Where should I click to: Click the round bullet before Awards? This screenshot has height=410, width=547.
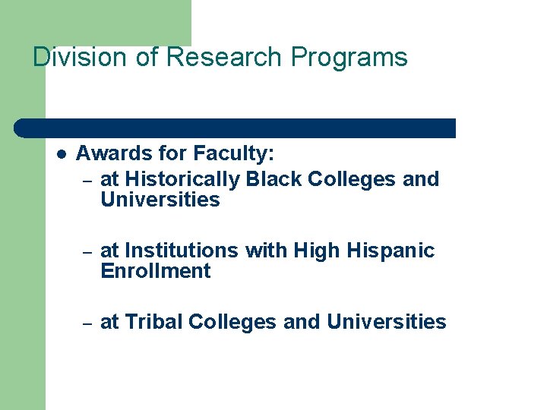62,153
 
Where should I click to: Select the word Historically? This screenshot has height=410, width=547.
182,179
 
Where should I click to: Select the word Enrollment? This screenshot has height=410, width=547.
155,271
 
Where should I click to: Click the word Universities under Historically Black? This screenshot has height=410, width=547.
160,200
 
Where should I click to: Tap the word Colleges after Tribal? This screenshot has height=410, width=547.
232,322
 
